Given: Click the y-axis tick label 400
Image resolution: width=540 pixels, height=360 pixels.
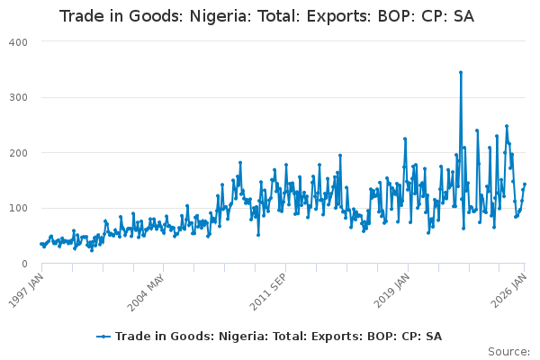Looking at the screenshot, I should point(19,42).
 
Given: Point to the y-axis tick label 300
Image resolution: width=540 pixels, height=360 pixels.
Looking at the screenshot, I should point(19,97).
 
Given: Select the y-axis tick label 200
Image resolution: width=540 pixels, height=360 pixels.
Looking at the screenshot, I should point(19,153).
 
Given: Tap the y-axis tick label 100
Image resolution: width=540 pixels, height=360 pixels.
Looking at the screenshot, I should point(19,208).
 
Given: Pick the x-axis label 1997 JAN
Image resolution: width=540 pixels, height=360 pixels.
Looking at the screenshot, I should point(26,288).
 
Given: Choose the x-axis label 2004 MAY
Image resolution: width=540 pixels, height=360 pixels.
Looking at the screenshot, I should point(147,288).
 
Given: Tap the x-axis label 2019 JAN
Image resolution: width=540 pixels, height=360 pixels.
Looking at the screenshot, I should point(393,288).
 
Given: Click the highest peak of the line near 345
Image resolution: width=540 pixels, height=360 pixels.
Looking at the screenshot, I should point(461,72).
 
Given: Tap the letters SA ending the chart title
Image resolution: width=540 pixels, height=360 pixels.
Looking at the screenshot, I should point(463,17).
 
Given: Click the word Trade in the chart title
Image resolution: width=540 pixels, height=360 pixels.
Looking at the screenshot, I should point(80,17).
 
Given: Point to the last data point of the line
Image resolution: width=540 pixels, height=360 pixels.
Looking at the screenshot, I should point(525,184).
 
